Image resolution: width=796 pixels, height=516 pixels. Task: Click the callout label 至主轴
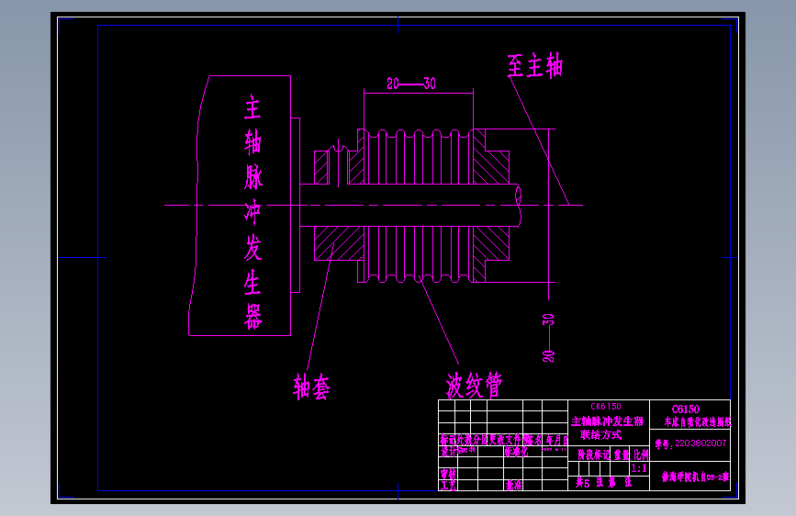[534, 66]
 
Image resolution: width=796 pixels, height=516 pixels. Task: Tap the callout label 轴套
[311, 387]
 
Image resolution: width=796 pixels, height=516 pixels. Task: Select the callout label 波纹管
[474, 384]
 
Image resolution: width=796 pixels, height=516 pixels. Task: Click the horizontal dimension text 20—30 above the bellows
[410, 84]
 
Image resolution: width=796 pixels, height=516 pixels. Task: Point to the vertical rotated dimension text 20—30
[549, 338]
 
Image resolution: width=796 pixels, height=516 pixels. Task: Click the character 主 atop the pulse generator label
[252, 109]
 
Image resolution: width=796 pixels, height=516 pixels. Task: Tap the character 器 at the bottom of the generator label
[253, 317]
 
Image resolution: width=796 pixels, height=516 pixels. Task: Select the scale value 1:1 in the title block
[639, 467]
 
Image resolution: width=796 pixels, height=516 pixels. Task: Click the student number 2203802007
[700, 442]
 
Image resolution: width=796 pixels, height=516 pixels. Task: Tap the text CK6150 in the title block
[605, 406]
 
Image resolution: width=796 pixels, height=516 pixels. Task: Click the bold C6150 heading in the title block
[685, 409]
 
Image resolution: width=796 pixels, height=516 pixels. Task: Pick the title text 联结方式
[600, 434]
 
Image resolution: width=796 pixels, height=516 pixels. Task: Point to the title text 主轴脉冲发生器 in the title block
[607, 421]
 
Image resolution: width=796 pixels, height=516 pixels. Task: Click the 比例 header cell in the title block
[641, 454]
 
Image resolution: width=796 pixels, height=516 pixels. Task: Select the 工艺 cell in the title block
[448, 485]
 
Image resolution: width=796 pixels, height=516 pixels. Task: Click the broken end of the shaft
[521, 205]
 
